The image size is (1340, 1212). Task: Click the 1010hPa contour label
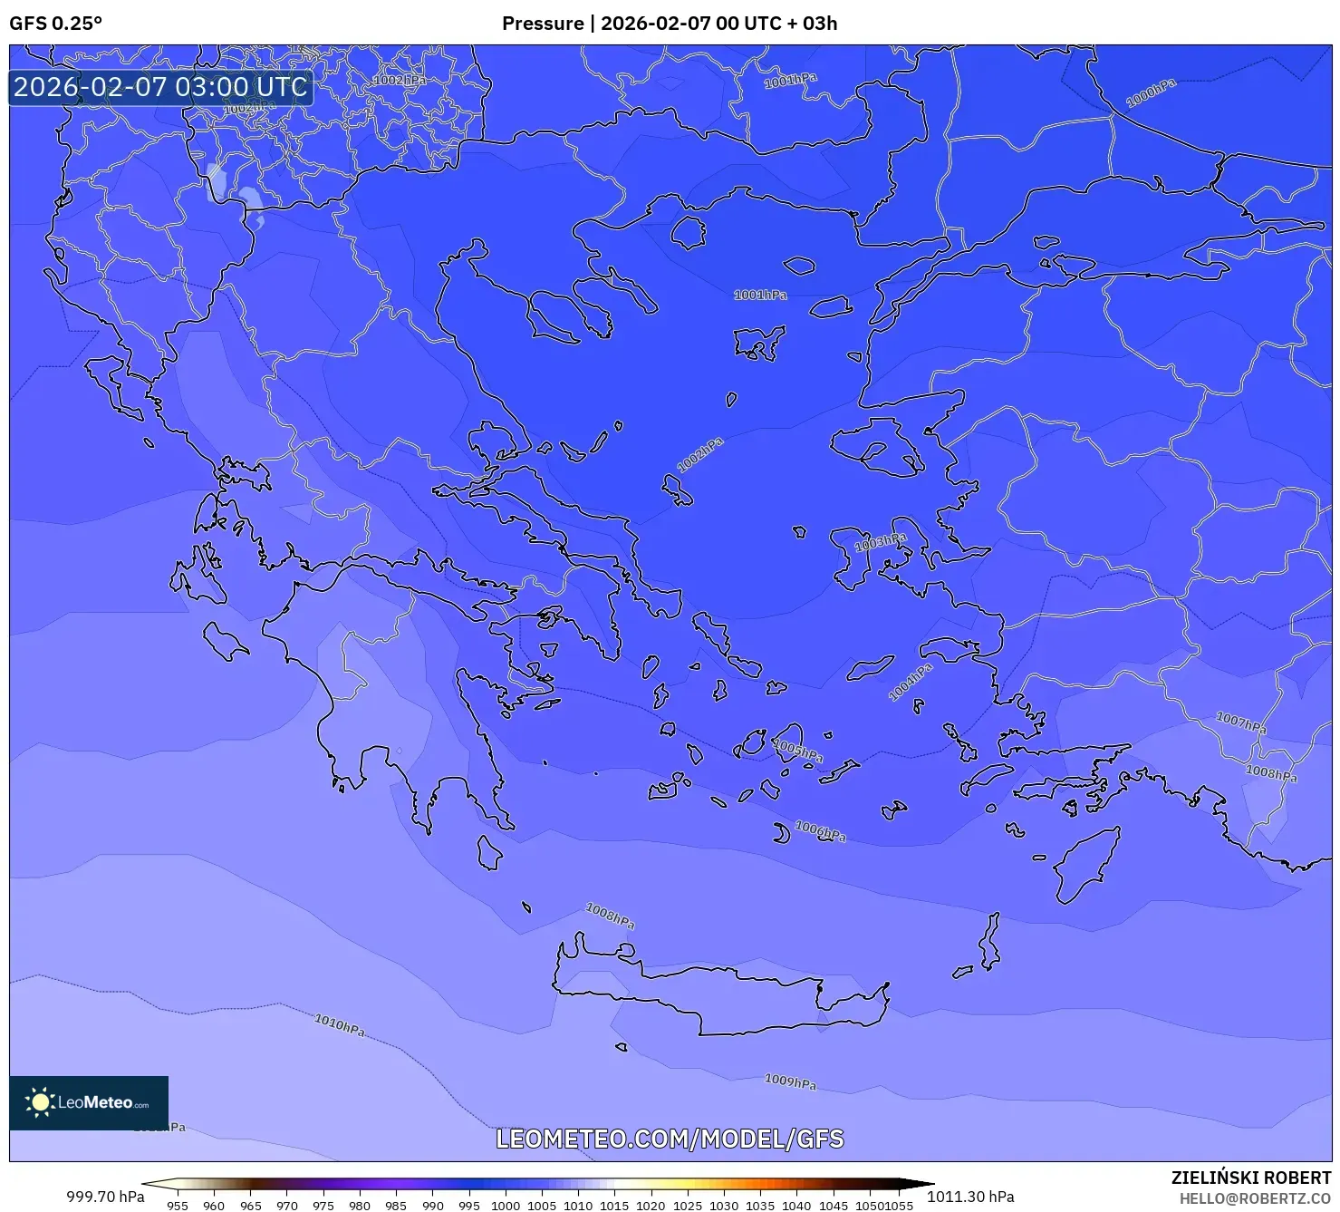[x=340, y=1025]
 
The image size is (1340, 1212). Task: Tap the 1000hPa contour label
[x=1151, y=92]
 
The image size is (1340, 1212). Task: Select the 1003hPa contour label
[x=880, y=542]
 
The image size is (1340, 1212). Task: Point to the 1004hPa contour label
[x=910, y=683]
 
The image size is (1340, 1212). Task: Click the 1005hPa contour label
[x=798, y=751]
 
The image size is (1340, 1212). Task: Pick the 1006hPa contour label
[x=820, y=830]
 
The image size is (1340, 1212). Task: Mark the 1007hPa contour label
[x=1241, y=722]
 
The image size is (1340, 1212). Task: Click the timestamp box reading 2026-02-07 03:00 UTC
[x=160, y=87]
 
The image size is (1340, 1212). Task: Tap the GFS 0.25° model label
[x=55, y=24]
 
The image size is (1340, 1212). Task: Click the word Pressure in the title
[x=543, y=24]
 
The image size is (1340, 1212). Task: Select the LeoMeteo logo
[x=89, y=1102]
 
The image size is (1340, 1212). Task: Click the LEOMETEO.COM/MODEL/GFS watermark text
[x=670, y=1139]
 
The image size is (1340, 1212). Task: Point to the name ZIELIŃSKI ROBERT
[x=1250, y=1178]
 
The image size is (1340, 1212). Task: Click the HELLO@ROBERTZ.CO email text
[x=1255, y=1198]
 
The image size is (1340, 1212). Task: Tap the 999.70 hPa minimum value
[x=105, y=1196]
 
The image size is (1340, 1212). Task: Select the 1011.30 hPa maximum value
[x=970, y=1196]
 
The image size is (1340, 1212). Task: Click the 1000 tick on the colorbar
[x=506, y=1205]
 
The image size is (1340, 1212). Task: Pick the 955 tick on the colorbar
[x=178, y=1205]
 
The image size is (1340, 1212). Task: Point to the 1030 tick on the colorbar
[x=724, y=1205]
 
